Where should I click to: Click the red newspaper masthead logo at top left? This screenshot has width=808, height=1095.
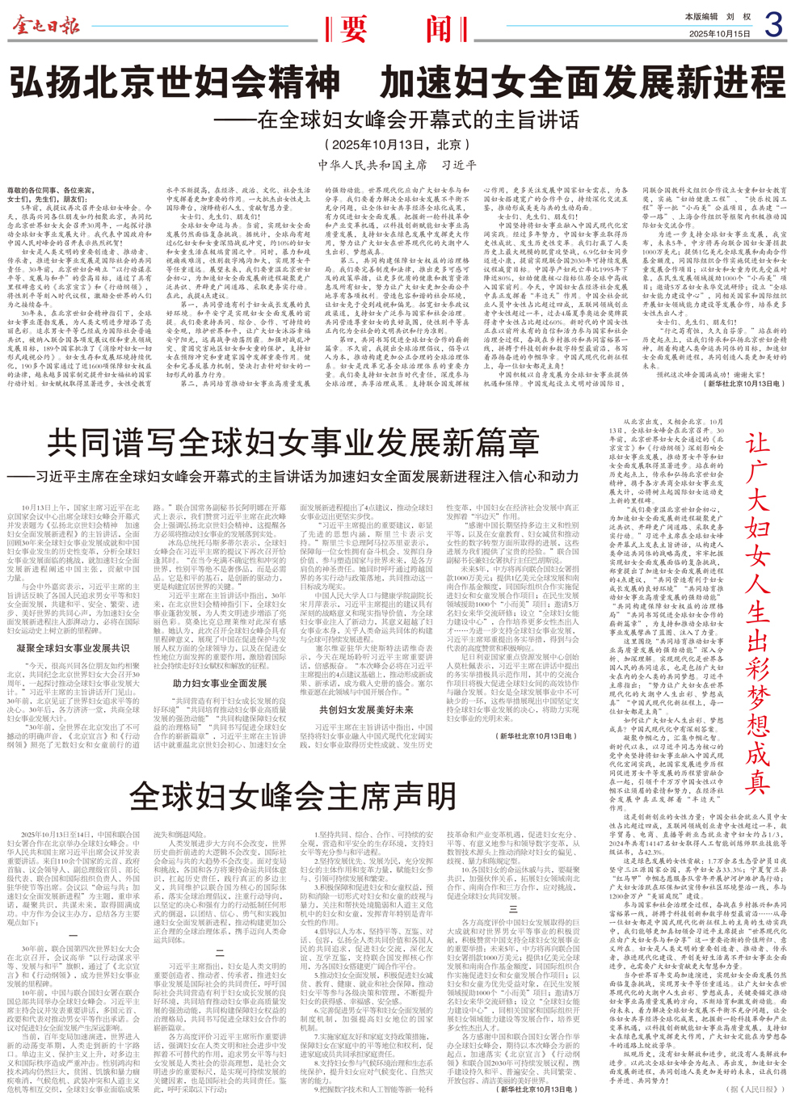45,26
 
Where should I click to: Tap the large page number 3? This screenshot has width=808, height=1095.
772,27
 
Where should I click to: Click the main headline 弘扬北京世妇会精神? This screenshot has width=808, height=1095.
175,82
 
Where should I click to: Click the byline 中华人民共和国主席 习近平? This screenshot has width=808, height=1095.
397,165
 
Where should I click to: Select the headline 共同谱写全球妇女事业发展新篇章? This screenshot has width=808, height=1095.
292,444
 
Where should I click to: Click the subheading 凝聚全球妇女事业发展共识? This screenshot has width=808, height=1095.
73,647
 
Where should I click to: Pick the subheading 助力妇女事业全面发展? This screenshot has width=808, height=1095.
220,683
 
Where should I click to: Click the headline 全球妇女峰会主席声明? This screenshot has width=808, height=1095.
292,797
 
